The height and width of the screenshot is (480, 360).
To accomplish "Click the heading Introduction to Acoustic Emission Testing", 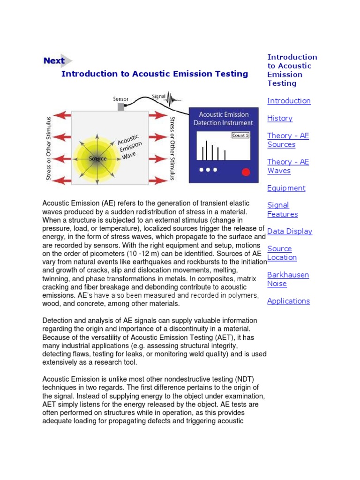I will pyautogui.click(x=155, y=74).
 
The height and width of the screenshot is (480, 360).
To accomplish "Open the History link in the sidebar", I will pyautogui.click(x=280, y=118).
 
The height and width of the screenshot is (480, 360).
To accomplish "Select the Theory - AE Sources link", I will pyautogui.click(x=288, y=140).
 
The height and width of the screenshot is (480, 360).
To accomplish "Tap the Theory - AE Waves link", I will pyautogui.click(x=288, y=166).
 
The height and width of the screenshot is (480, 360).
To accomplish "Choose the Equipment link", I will pyautogui.click(x=286, y=188).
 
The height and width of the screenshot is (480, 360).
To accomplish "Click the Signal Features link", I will pyautogui.click(x=282, y=210).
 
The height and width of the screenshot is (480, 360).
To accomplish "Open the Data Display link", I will pyautogui.click(x=289, y=231).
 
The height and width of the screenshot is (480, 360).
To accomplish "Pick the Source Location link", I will pyautogui.click(x=282, y=253).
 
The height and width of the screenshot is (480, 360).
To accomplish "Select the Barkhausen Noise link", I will pyautogui.click(x=288, y=279).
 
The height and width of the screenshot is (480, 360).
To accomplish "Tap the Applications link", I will pyautogui.click(x=288, y=301).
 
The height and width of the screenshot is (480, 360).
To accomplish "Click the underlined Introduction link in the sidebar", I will pyautogui.click(x=289, y=101).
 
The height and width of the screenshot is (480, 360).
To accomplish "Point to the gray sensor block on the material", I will pyautogui.click(x=121, y=107).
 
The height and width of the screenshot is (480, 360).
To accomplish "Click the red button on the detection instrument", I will pyautogui.click(x=245, y=172).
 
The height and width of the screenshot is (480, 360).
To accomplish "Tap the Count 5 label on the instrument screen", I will pyautogui.click(x=241, y=135).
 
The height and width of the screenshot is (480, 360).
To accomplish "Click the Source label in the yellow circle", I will pyautogui.click(x=97, y=159).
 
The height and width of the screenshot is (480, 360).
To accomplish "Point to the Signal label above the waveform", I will pyautogui.click(x=158, y=97).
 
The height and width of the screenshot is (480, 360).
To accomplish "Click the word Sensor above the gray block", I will pyautogui.click(x=120, y=99).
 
